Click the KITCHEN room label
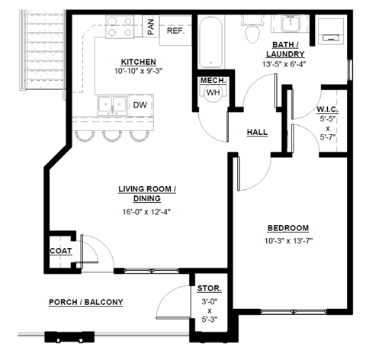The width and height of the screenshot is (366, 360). [x=138, y=62]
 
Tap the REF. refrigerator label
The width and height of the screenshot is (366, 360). [x=175, y=31]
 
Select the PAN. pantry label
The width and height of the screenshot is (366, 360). [x=152, y=28]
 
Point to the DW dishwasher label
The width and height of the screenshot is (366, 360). [x=140, y=105]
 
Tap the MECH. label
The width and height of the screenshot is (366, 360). [x=211, y=79]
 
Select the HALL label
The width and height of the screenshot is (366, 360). [x=257, y=132]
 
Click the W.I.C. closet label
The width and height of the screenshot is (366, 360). [x=332, y=111]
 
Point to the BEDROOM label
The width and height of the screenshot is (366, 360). [x=287, y=228]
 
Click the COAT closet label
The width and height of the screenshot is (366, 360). [x=60, y=250]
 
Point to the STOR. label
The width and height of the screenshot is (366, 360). [x=209, y=289]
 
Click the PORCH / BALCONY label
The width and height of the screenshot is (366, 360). [x=85, y=302]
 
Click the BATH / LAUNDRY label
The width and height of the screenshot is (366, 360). [x=286, y=49]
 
